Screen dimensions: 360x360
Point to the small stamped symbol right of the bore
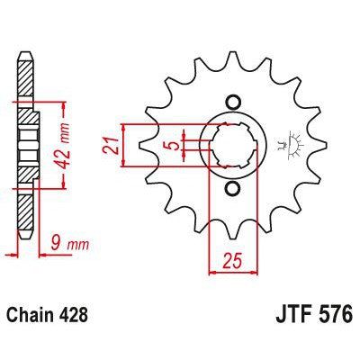290,142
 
